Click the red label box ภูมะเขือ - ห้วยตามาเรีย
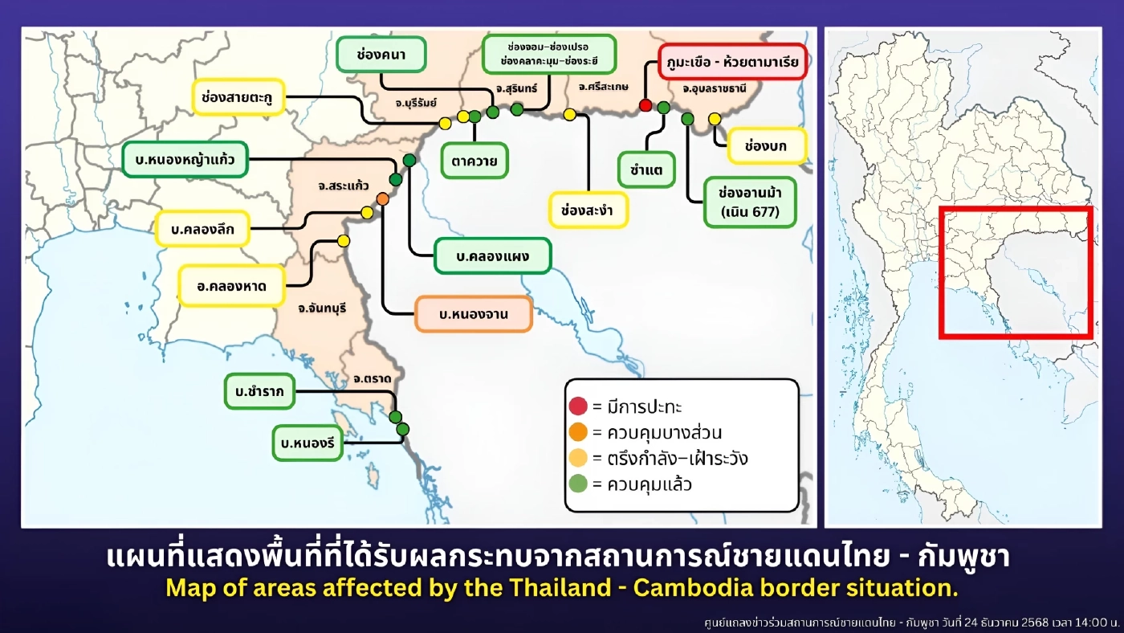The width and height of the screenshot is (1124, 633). pyautogui.click(x=731, y=60)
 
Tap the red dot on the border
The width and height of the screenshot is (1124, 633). pyautogui.click(x=645, y=105)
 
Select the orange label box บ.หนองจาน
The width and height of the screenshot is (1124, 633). pyautogui.click(x=474, y=314)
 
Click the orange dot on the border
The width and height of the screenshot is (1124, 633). pyautogui.click(x=382, y=198)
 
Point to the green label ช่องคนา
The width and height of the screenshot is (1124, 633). pyautogui.click(x=381, y=55)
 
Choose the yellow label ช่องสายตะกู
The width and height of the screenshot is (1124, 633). pyautogui.click(x=238, y=96)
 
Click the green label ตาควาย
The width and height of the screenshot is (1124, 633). pyautogui.click(x=474, y=161)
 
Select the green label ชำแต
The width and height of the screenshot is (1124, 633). pyautogui.click(x=646, y=169)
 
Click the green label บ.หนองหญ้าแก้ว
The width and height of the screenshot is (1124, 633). pyautogui.click(x=185, y=160)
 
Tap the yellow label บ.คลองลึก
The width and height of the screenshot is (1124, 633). pyautogui.click(x=202, y=229)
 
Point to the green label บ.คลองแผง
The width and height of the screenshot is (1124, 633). pyautogui.click(x=492, y=256)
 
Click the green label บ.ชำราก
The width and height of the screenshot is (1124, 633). pyautogui.click(x=259, y=392)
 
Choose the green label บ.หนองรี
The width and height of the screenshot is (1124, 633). pyautogui.click(x=307, y=442)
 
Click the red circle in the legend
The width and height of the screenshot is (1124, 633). pyautogui.click(x=578, y=406)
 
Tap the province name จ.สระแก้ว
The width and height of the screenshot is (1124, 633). pyautogui.click(x=343, y=186)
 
